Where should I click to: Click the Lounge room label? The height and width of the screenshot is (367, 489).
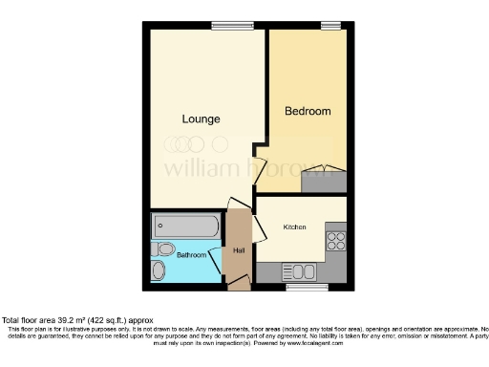point(202,119)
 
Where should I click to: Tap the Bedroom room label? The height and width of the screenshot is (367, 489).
point(308,112)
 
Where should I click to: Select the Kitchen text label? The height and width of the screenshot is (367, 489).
point(294,227)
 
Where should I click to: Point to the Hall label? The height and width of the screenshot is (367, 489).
point(238,250)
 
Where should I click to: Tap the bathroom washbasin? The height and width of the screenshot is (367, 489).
point(159,271)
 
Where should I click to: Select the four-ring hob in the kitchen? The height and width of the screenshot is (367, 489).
point(335,239)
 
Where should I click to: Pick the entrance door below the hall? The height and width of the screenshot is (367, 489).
point(239,283)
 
